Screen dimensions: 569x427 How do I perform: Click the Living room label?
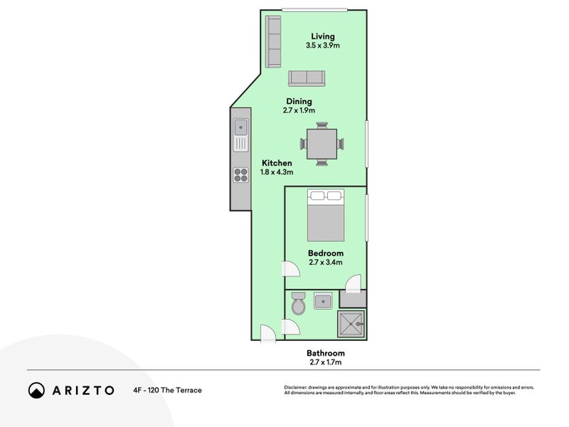(323, 36)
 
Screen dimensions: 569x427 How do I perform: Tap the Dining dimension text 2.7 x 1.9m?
(299, 110)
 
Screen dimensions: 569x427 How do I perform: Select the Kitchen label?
(277, 163)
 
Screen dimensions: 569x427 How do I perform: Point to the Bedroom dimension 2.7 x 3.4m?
(326, 262)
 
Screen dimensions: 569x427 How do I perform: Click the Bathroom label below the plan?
(326, 353)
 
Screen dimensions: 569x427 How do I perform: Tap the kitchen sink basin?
(240, 127)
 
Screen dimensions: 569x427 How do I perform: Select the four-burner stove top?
(241, 174)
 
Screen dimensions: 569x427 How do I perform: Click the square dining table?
(322, 144)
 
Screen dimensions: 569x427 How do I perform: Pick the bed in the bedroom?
(326, 215)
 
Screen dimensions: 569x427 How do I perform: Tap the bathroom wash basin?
(323, 301)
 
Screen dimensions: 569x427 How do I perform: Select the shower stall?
(351, 324)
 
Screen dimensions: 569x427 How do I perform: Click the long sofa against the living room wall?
(273, 42)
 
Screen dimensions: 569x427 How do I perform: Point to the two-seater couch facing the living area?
(307, 78)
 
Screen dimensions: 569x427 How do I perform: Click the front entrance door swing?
(268, 333)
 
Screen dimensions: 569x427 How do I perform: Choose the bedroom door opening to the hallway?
(290, 269)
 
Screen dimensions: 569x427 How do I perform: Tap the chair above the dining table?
(322, 125)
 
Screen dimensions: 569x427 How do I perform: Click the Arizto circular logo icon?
(37, 390)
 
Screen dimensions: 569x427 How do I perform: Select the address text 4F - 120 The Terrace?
(168, 390)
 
